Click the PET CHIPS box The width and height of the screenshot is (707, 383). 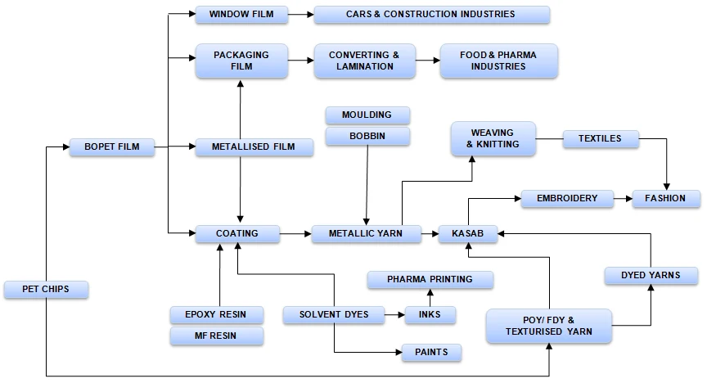[x=46, y=289]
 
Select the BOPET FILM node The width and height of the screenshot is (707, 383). [x=111, y=147]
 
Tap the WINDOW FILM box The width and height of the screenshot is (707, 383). [x=241, y=14]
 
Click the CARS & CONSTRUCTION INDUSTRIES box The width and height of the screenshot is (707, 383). [x=430, y=14]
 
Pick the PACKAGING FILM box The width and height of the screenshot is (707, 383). [x=241, y=61]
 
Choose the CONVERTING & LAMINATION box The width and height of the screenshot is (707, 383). [x=364, y=61]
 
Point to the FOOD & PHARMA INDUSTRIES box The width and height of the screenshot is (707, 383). [x=498, y=61]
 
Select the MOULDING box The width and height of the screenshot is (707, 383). [x=367, y=115]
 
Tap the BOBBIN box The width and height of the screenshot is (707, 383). [x=367, y=136]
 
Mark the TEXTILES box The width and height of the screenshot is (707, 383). [x=600, y=139]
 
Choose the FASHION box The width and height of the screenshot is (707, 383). [x=665, y=198]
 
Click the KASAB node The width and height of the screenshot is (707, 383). [x=467, y=234]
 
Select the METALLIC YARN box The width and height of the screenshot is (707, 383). [x=367, y=234]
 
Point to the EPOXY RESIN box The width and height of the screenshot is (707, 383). [x=217, y=314]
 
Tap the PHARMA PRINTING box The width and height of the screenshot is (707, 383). [x=430, y=279]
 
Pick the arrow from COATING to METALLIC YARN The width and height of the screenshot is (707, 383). [x=295, y=234]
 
